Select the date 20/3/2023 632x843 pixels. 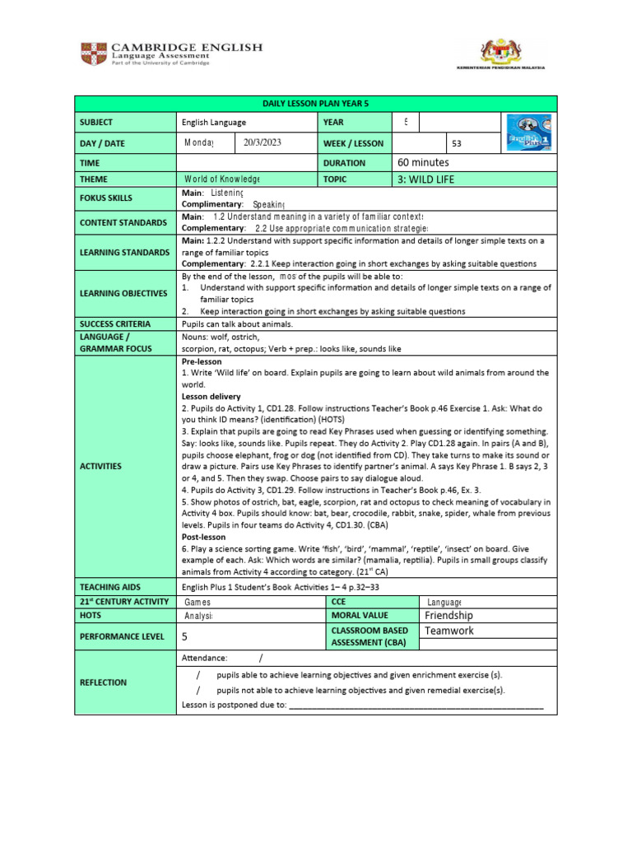(x=263, y=142)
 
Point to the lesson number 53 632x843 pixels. (x=458, y=143)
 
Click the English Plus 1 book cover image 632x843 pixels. (x=528, y=132)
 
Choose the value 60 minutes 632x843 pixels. (x=424, y=163)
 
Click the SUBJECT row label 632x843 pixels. (x=96, y=123)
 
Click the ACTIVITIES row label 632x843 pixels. (x=100, y=467)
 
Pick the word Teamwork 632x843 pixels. (x=449, y=631)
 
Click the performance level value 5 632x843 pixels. (x=185, y=636)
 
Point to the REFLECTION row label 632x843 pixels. (x=103, y=682)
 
